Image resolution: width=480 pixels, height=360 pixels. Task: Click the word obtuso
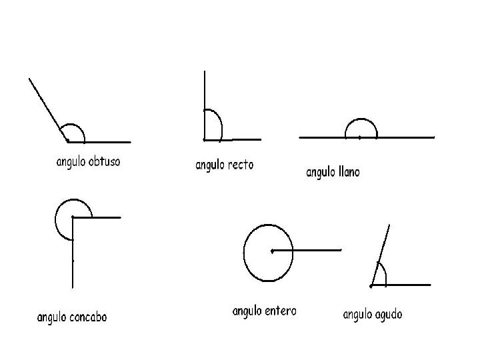[x=104, y=162]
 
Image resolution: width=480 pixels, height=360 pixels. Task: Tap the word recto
[x=241, y=164]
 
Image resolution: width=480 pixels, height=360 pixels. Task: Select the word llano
[x=345, y=172]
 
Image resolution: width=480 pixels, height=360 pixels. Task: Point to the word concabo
[x=87, y=317]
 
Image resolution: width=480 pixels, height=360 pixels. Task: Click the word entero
[x=279, y=311]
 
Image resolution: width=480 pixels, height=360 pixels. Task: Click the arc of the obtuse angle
[x=73, y=125]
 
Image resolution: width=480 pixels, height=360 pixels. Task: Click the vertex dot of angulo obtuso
[x=67, y=141]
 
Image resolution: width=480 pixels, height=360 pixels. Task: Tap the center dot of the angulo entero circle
[x=272, y=251]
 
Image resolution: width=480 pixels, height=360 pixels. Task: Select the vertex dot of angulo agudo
[x=371, y=285]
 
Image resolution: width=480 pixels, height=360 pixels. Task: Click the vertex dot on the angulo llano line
[x=359, y=137]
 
